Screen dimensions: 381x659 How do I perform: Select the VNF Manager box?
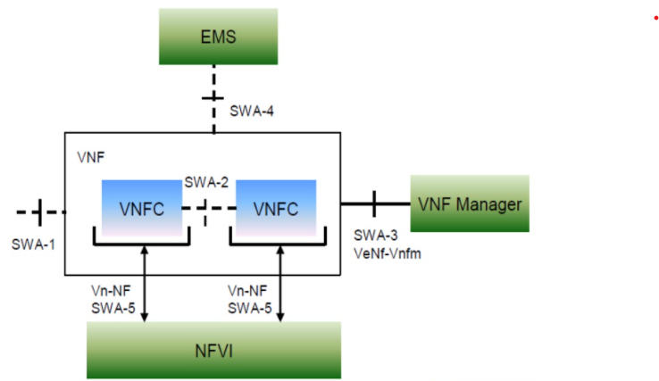click(470, 204)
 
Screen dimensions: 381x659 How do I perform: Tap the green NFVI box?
click(213, 349)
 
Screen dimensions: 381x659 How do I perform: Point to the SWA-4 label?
click(253, 111)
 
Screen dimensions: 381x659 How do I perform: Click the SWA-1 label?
click(34, 243)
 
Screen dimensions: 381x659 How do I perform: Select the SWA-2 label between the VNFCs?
click(207, 182)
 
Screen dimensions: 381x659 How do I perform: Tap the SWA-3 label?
click(374, 235)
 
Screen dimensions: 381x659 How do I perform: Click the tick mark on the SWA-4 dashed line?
click(213, 97)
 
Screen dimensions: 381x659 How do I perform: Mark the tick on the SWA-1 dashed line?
click(39, 212)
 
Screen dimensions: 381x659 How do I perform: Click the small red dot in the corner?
click(655, 18)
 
